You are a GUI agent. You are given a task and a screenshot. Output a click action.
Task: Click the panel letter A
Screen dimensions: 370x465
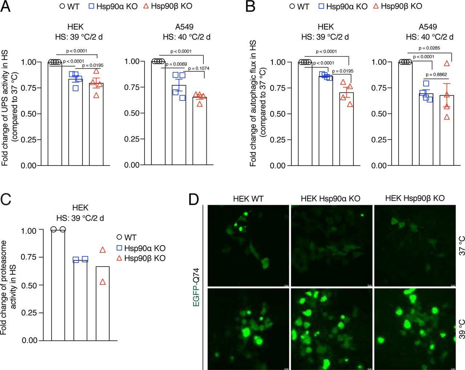6,6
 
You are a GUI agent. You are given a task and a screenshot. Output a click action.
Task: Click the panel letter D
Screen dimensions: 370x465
194,199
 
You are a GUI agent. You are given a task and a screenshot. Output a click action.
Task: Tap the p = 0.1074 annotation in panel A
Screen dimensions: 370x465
199,68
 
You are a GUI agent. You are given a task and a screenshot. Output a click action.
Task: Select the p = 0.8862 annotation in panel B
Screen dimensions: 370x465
436,75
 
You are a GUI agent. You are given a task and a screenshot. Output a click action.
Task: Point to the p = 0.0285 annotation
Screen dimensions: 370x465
429,48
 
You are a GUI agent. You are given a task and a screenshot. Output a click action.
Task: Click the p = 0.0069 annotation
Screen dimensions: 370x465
176,64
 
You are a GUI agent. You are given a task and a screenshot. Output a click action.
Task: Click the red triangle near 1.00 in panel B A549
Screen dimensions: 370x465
447,63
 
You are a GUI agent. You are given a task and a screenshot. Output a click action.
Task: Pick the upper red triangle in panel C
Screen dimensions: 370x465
102,250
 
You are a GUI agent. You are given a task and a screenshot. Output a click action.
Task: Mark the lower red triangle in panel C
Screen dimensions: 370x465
102,282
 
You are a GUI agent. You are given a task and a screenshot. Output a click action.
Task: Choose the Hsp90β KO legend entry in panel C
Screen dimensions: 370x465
141,258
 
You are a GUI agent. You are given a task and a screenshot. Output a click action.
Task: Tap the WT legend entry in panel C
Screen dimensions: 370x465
126,238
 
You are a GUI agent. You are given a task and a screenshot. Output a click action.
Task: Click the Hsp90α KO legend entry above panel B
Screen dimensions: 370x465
343,6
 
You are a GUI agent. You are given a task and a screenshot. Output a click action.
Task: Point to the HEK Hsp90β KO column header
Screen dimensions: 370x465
415,198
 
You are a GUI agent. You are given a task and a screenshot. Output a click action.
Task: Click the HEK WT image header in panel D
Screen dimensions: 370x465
248,199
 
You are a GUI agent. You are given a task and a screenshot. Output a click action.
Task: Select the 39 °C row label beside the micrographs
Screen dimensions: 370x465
461,329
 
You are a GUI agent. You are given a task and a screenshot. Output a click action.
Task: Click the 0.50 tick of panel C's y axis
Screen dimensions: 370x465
29,286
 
